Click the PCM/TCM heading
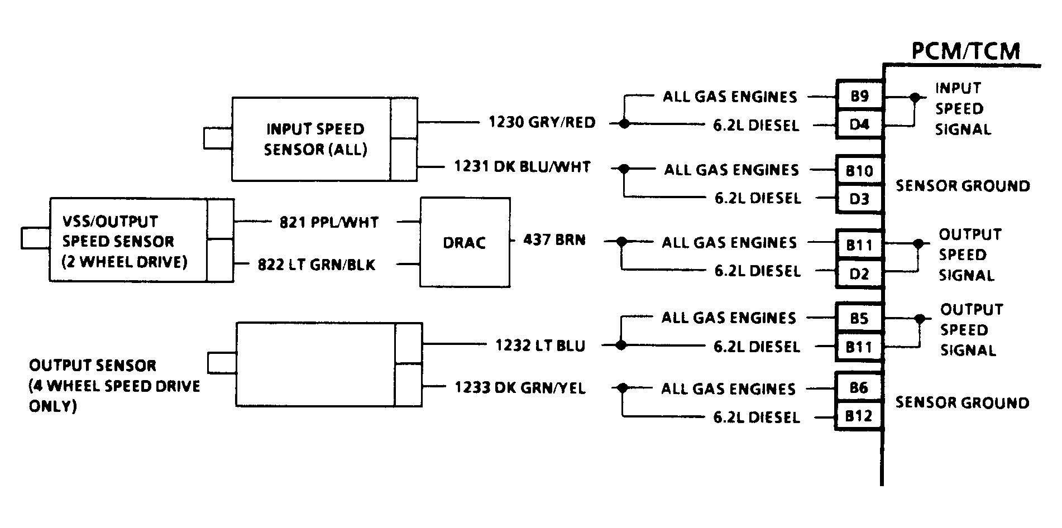point(965,51)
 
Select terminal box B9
point(859,96)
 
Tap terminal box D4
point(859,124)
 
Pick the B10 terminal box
point(859,170)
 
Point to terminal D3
point(859,199)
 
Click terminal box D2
point(859,273)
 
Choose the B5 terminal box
point(859,318)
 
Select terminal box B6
point(859,388)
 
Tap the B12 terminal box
point(859,416)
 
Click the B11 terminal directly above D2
point(859,244)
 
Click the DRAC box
point(465,242)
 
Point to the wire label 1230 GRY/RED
point(542,122)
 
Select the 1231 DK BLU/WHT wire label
point(522,166)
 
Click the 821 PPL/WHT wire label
point(329,222)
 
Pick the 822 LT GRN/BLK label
point(317,265)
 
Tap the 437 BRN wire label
point(554,240)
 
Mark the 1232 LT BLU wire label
point(540,345)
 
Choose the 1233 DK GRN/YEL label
point(520,387)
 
